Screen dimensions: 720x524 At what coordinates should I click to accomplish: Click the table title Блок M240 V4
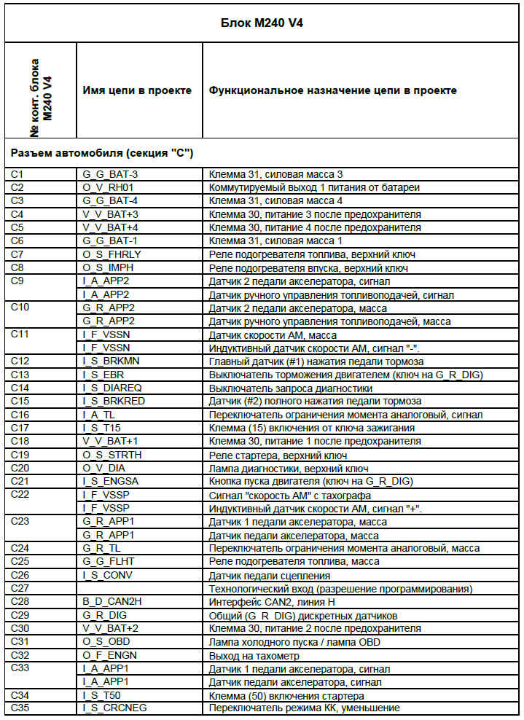pos(262,23)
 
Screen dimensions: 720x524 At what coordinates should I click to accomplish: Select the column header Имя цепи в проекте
pos(138,90)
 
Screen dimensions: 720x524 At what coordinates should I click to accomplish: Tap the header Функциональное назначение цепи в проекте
pos(333,90)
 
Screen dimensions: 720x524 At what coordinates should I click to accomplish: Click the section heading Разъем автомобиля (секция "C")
pos(102,153)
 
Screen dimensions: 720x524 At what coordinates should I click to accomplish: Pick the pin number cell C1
pos(18,175)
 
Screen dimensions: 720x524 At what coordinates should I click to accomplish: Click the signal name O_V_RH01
pos(109,188)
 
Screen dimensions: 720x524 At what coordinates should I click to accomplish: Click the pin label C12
pos(20,361)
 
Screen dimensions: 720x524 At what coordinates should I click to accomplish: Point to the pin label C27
pos(20,588)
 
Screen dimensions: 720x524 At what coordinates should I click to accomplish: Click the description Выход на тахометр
pos(254,655)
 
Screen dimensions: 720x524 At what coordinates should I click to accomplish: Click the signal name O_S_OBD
pos(106,641)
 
